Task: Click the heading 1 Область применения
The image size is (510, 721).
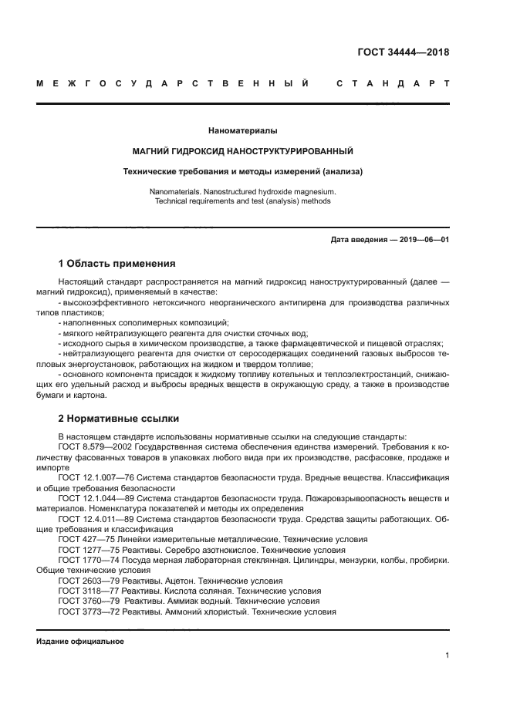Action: click(117, 264)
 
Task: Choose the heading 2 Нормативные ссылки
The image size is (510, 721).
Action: click(119, 419)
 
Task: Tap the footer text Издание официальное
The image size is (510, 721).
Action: click(80, 642)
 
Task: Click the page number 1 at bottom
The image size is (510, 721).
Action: click(447, 655)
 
